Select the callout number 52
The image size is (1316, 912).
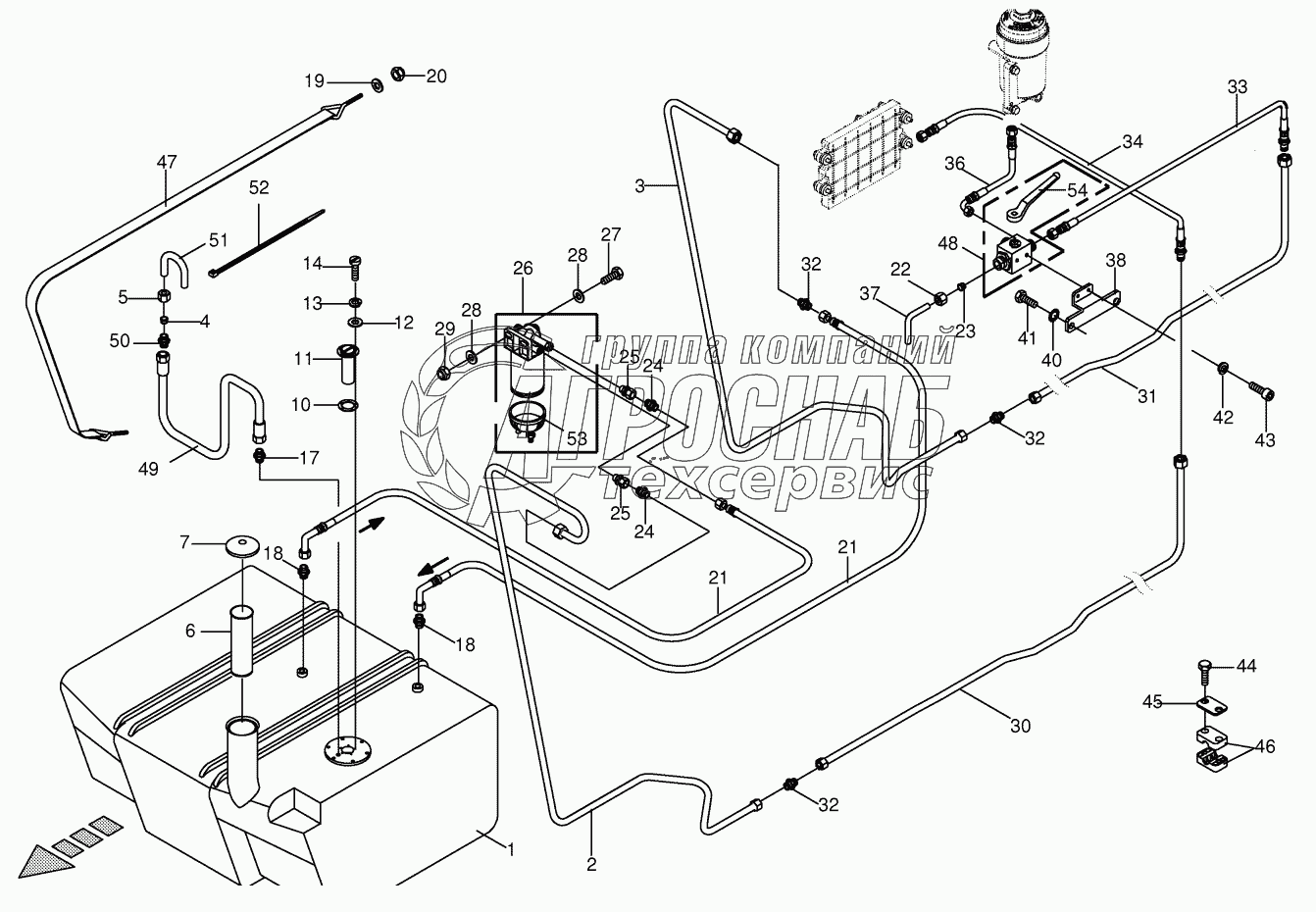coord(258,186)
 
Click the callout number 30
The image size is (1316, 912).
coord(1020,727)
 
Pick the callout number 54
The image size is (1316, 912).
coord(1077,188)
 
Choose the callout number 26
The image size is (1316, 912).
coord(523,268)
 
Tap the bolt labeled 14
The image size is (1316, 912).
coord(355,263)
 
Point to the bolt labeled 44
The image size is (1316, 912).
coord(1205,672)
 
